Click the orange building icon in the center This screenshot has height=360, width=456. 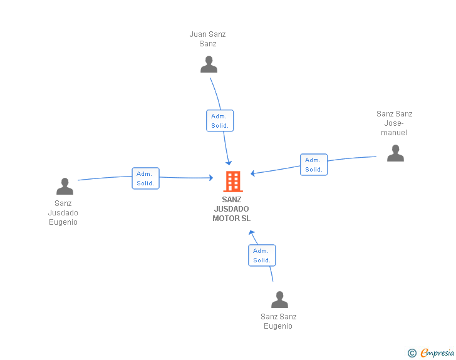point(233,182)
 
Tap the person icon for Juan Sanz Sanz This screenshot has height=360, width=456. point(209,64)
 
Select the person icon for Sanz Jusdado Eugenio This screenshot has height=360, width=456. point(65,186)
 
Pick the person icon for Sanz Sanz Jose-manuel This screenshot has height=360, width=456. point(395,153)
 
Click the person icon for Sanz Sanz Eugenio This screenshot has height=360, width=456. point(279,299)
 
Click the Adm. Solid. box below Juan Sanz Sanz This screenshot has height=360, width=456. point(220,121)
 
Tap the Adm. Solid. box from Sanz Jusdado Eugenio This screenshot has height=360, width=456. point(146,178)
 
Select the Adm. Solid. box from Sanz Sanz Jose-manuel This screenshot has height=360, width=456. point(314,165)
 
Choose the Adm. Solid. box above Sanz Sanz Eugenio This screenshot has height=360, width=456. point(262,255)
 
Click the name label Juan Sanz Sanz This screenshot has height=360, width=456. point(208,39)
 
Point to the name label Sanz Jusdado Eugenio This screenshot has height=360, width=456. point(63,213)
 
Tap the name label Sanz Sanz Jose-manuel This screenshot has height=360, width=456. point(395,123)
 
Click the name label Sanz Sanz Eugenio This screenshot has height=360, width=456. point(278,321)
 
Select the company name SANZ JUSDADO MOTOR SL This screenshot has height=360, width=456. point(232,208)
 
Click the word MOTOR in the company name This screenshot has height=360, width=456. point(224,218)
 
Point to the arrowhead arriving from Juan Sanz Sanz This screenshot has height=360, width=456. point(229,163)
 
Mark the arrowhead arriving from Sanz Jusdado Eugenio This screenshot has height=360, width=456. point(211,178)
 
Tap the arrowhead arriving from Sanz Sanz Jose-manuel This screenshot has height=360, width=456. point(252,173)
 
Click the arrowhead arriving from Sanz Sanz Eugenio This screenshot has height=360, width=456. point(251,233)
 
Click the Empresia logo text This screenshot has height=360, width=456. point(437,352)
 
